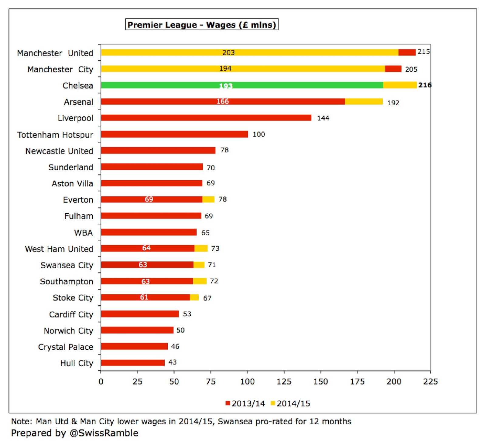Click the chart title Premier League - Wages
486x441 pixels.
point(202,25)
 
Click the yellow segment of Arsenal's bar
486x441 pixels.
point(364,101)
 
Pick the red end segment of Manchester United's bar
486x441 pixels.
point(407,53)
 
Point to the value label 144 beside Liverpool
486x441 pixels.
point(323,118)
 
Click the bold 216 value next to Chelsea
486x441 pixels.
point(425,85)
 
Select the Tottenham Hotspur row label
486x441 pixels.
point(55,134)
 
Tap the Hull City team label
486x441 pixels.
point(77,363)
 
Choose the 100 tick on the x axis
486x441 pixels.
point(247,382)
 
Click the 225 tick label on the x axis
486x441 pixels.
point(430,382)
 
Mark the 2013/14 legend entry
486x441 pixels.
point(245,403)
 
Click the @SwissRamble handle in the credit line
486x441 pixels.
point(104,433)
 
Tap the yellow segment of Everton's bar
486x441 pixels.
point(208,199)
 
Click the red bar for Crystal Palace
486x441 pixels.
point(134,346)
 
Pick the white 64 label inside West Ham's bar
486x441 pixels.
point(146,248)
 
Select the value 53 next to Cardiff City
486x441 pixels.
point(187,314)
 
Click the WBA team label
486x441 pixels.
point(84,232)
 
